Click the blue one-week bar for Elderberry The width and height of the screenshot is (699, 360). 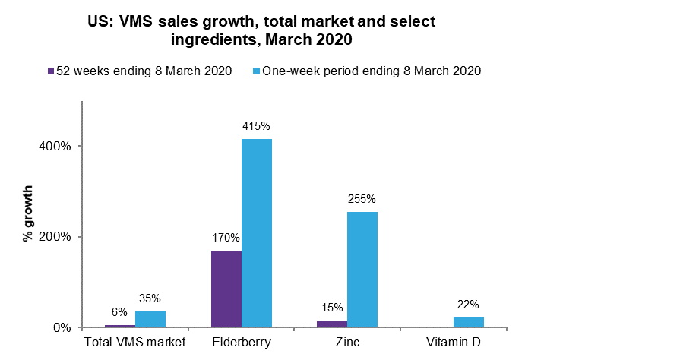(x=257, y=233)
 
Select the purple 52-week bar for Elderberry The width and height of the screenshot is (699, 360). (x=226, y=289)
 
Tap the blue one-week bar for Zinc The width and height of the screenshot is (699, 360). (x=362, y=270)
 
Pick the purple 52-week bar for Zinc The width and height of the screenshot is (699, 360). (x=332, y=324)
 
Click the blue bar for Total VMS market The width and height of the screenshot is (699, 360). (x=150, y=319)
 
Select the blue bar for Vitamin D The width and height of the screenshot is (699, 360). (x=469, y=322)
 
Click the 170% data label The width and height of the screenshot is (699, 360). (x=226, y=238)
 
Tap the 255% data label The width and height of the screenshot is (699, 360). (x=362, y=199)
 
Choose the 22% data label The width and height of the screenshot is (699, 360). (x=469, y=305)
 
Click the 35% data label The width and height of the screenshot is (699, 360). (x=150, y=298)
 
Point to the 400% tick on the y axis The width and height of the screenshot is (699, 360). (x=56, y=146)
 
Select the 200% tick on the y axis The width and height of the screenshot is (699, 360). (x=56, y=237)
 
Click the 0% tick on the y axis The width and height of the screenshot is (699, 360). (x=62, y=328)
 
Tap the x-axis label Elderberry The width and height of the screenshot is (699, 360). (x=241, y=343)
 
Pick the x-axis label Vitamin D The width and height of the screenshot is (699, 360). (x=453, y=343)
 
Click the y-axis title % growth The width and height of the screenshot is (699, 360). (x=28, y=213)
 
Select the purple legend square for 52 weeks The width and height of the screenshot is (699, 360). (x=51, y=71)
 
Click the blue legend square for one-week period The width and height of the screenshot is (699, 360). (x=256, y=71)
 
